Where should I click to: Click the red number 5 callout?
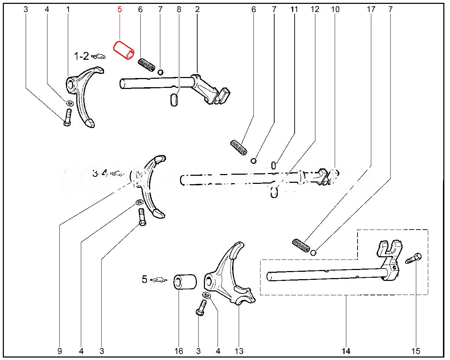click(x=120, y=9)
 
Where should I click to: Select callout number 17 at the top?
click(x=371, y=9)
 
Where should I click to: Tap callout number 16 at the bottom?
click(x=179, y=351)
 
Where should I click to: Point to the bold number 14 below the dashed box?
click(x=346, y=351)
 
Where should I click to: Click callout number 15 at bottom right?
click(x=416, y=351)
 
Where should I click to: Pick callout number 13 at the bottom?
click(x=239, y=351)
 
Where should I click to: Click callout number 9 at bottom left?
click(x=59, y=351)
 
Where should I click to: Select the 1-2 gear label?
click(x=81, y=56)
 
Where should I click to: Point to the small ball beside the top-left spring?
click(x=160, y=72)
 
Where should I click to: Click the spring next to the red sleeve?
click(x=146, y=65)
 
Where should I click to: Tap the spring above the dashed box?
click(x=301, y=245)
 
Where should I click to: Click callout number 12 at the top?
click(x=315, y=9)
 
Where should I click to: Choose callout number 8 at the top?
click(x=179, y=9)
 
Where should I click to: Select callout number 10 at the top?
click(x=335, y=9)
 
